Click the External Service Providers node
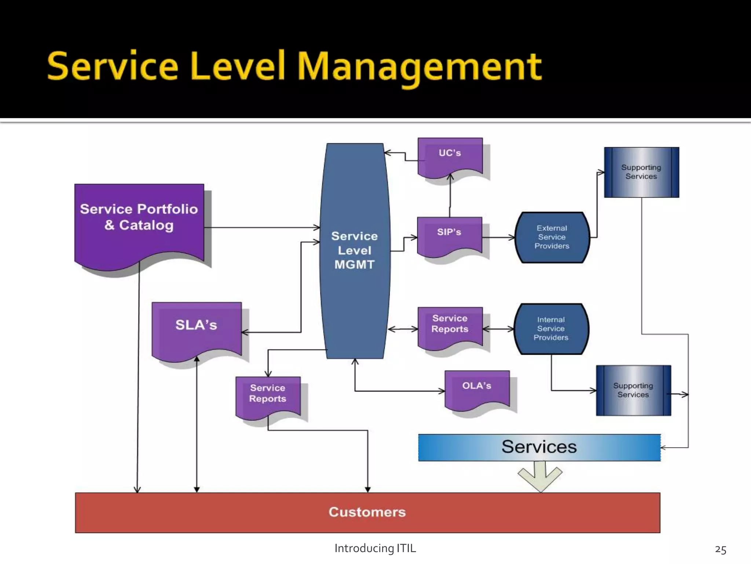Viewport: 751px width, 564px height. pyautogui.click(x=552, y=237)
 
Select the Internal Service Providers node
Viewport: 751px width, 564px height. pyautogui.click(x=551, y=329)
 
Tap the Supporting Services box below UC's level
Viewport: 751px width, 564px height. pyautogui.click(x=641, y=172)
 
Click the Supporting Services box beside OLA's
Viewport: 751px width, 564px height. pyautogui.click(x=633, y=390)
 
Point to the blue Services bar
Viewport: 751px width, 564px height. pyautogui.click(x=539, y=447)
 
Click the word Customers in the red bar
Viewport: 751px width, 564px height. pyautogui.click(x=367, y=512)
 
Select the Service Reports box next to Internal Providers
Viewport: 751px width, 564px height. pyautogui.click(x=450, y=325)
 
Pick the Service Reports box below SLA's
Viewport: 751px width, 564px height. pyautogui.click(x=268, y=395)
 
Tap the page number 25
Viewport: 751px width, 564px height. pyautogui.click(x=720, y=549)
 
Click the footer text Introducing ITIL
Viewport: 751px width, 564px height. pyautogui.click(x=375, y=548)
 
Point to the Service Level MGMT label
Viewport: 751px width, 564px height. pyautogui.click(x=354, y=250)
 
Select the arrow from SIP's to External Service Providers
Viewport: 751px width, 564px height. pyautogui.click(x=499, y=238)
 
